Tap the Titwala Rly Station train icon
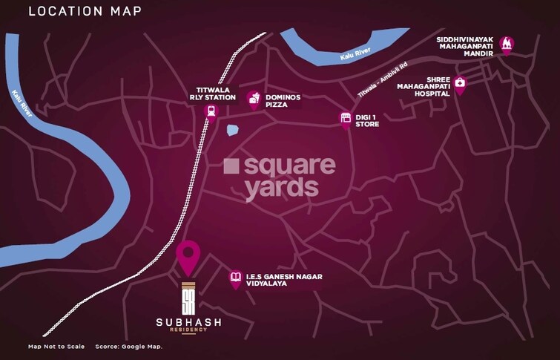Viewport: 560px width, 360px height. pyautogui.click(x=211, y=111)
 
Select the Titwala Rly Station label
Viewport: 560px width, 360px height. pyautogui.click(x=211, y=93)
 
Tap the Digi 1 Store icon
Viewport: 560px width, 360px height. pyautogui.click(x=345, y=119)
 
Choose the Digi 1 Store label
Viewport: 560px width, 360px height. pyautogui.click(x=368, y=120)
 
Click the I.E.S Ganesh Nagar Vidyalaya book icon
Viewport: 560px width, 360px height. pyautogui.click(x=236, y=277)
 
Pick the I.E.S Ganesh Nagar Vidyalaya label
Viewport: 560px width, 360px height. pyautogui.click(x=280, y=280)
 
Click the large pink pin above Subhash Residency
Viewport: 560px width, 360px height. pyautogui.click(x=189, y=255)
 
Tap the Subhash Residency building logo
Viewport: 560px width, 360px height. pyautogui.click(x=189, y=297)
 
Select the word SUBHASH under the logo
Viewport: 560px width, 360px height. pyautogui.click(x=189, y=321)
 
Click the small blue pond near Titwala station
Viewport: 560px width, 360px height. pyautogui.click(x=233, y=130)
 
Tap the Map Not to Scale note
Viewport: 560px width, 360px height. pyautogui.click(x=56, y=347)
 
